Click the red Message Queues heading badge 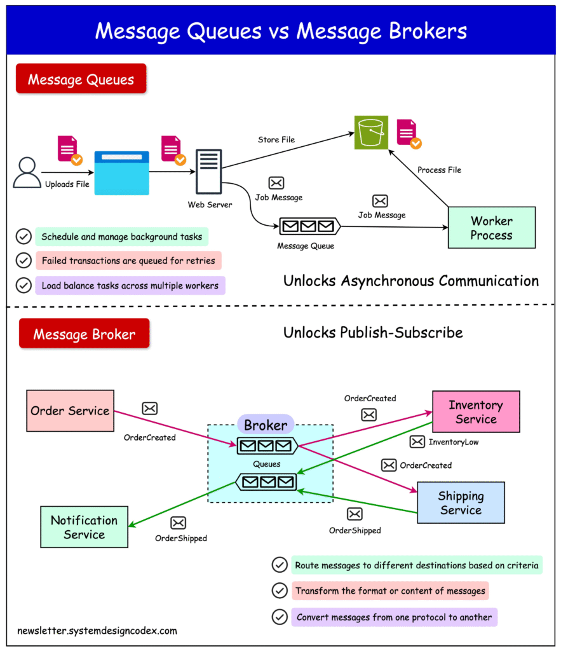click(x=81, y=79)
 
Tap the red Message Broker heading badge click(x=84, y=334)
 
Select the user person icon click(x=27, y=172)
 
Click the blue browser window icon click(x=121, y=173)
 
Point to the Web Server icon click(x=209, y=172)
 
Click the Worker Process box click(x=491, y=228)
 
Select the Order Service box click(x=70, y=411)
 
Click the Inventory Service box click(x=476, y=412)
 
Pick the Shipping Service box click(x=461, y=503)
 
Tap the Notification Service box click(x=84, y=527)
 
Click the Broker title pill click(x=266, y=425)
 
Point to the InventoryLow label click(x=454, y=442)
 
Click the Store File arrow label click(x=276, y=140)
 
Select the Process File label click(x=439, y=170)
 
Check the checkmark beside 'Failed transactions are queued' click(x=24, y=261)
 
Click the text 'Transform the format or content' click(x=390, y=591)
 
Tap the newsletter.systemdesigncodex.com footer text click(x=97, y=631)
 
